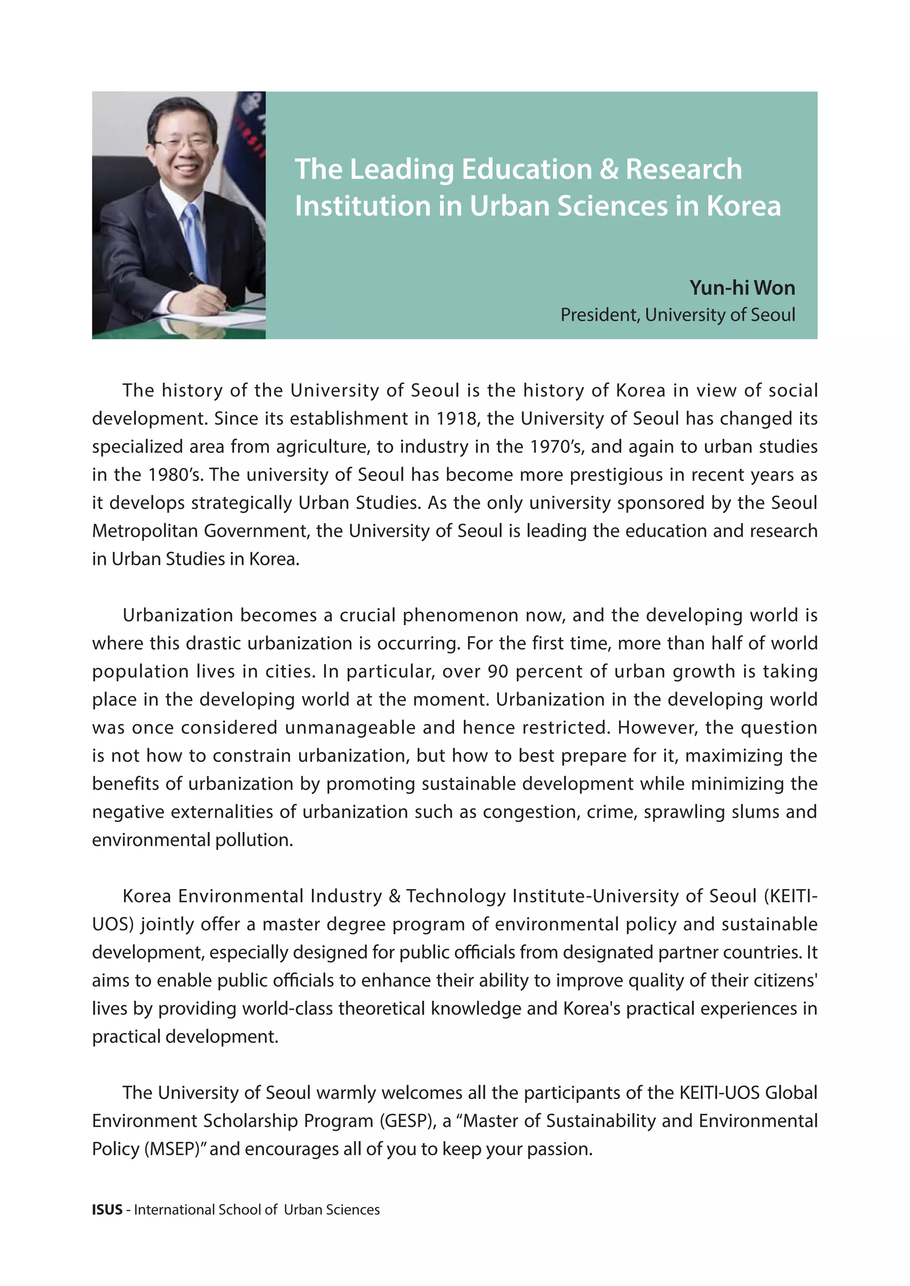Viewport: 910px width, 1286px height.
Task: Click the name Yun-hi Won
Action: coord(742,288)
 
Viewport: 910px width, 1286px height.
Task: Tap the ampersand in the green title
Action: coord(609,169)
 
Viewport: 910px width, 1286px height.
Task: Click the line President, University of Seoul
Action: coord(678,315)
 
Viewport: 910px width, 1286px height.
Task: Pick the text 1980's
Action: coord(176,475)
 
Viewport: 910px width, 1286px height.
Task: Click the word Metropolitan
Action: coord(144,531)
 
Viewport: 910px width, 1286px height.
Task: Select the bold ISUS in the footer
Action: coord(107,1210)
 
